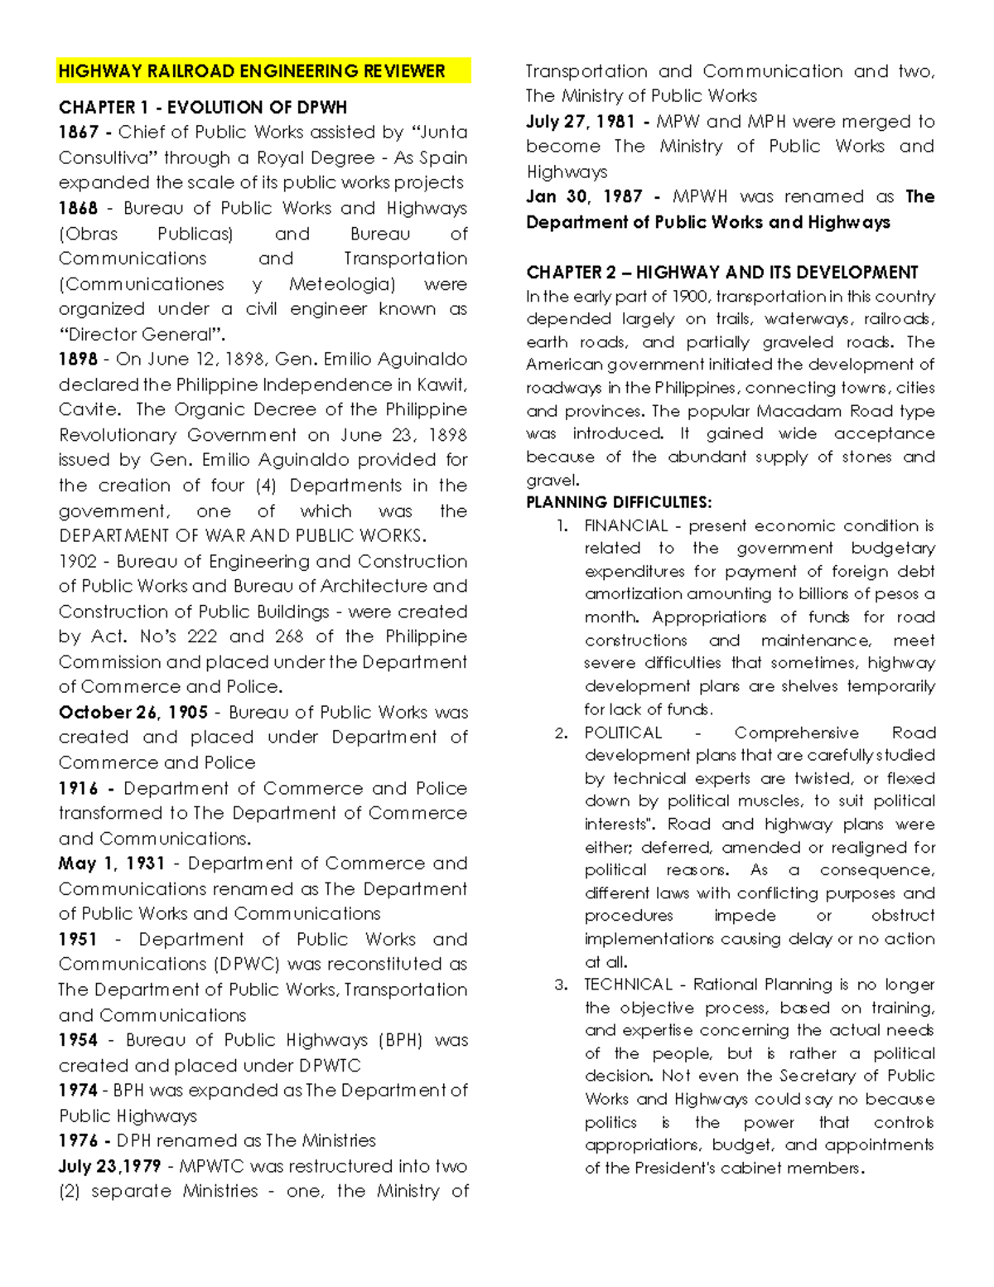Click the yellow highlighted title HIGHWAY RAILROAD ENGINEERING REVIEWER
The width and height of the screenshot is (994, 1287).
coord(252,71)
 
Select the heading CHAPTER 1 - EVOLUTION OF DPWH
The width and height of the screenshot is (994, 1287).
coord(203,108)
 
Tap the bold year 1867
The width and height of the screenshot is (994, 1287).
coord(79,133)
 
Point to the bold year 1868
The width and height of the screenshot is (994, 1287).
coord(79,208)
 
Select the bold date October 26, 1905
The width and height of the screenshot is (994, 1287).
coord(133,713)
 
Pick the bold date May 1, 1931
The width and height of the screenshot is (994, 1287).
coord(112,864)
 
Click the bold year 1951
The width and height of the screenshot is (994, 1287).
coord(78,939)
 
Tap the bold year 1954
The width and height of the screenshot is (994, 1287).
coord(78,1040)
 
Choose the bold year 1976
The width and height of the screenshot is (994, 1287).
coord(78,1140)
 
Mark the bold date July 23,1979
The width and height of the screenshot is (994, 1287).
coord(110,1166)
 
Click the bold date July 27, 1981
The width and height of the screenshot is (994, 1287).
coord(581,122)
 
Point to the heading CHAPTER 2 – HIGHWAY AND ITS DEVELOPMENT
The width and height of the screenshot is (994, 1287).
coord(721,273)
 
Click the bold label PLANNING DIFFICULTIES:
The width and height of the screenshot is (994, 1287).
coord(619,502)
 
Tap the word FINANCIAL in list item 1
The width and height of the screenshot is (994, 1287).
coord(626,525)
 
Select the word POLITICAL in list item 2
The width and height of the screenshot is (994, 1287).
coord(623,733)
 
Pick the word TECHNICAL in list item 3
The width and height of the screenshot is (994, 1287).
coord(627,985)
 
